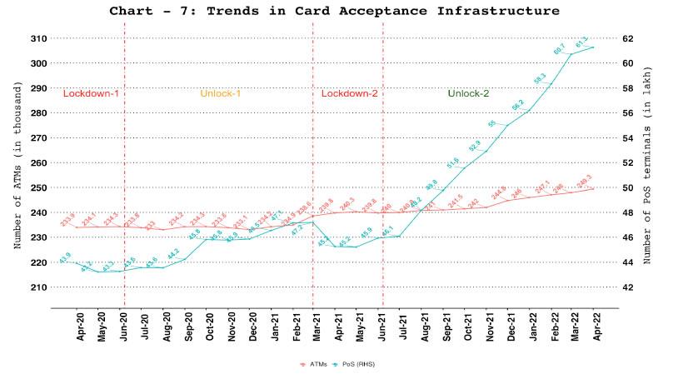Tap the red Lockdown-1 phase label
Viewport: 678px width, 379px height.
[x=91, y=93]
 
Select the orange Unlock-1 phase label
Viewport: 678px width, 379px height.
[x=220, y=93]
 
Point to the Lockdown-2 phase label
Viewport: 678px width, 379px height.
[x=349, y=93]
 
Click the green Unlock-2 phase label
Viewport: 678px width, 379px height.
[x=467, y=93]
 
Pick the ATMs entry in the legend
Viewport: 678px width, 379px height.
[x=316, y=364]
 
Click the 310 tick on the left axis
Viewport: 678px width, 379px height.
[x=37, y=38]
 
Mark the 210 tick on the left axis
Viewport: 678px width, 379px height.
[x=37, y=287]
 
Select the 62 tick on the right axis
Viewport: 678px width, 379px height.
[x=627, y=38]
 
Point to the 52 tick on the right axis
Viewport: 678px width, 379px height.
[x=627, y=162]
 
